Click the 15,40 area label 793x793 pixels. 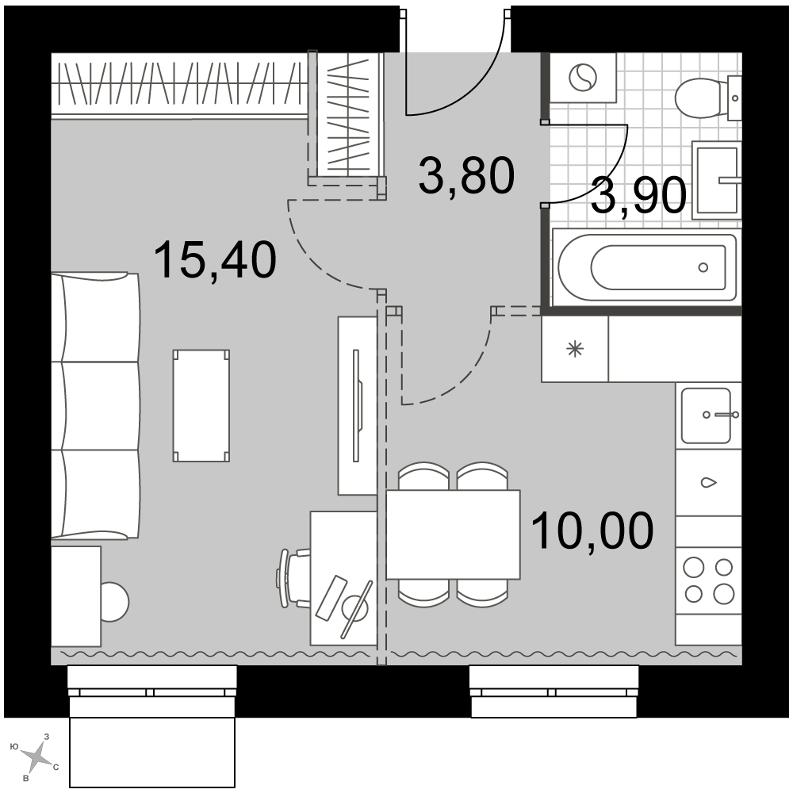(x=215, y=260)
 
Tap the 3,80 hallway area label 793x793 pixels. (x=466, y=175)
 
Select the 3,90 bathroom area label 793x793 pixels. (x=638, y=196)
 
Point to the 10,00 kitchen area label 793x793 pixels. (x=592, y=531)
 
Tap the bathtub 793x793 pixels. (x=647, y=267)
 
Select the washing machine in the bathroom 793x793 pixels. (x=583, y=78)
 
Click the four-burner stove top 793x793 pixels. (x=708, y=580)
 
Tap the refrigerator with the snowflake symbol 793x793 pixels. (x=575, y=349)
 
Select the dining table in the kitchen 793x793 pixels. (x=453, y=534)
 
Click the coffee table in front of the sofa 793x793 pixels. (x=201, y=405)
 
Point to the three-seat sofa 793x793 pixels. (x=95, y=405)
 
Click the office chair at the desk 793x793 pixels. (x=294, y=578)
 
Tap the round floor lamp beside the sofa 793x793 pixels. (x=115, y=602)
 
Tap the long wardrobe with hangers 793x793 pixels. (x=180, y=84)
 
